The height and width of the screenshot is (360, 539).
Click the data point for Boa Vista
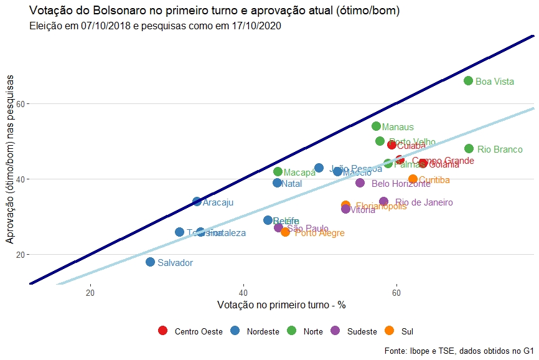point(468,80)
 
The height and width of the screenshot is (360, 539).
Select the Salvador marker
point(150,262)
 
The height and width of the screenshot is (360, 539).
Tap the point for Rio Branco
point(469,149)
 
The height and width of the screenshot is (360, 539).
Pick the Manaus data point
point(376,126)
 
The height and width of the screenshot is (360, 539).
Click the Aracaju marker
point(197,202)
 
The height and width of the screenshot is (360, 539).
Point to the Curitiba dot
point(413,179)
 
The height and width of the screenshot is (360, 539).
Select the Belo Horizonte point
point(360,183)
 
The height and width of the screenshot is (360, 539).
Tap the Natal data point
point(278,183)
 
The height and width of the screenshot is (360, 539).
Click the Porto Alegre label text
point(319,233)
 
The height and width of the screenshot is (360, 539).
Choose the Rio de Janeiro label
point(424,202)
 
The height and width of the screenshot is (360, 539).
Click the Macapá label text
point(299,173)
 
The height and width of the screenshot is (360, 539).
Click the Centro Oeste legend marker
point(163,331)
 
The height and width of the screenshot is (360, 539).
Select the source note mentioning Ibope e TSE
point(459,351)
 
